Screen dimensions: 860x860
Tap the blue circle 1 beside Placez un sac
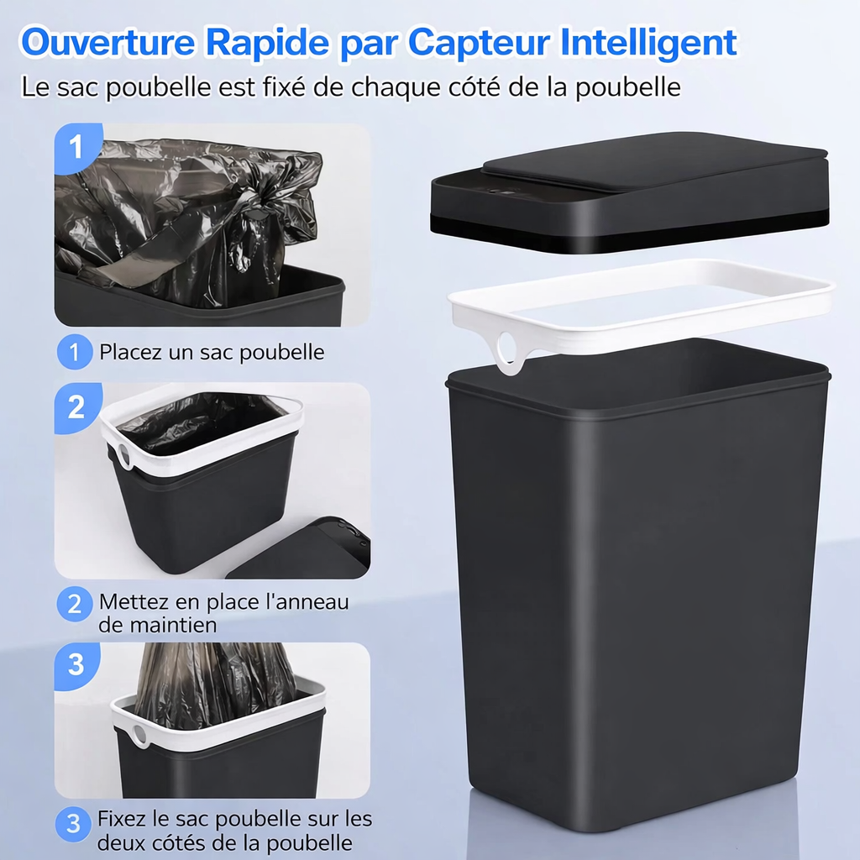click(x=75, y=352)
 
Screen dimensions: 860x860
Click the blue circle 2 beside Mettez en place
click(x=75, y=604)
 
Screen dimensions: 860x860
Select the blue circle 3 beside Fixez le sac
click(x=75, y=822)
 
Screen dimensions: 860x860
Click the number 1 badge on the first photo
click(x=76, y=148)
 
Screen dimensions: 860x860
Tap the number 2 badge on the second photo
click(x=76, y=407)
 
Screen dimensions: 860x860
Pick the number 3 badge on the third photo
click(x=76, y=664)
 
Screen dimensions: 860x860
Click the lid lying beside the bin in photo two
click(x=311, y=550)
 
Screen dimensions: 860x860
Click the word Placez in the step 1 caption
click(x=128, y=352)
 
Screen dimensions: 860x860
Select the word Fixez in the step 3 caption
click(x=123, y=818)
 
